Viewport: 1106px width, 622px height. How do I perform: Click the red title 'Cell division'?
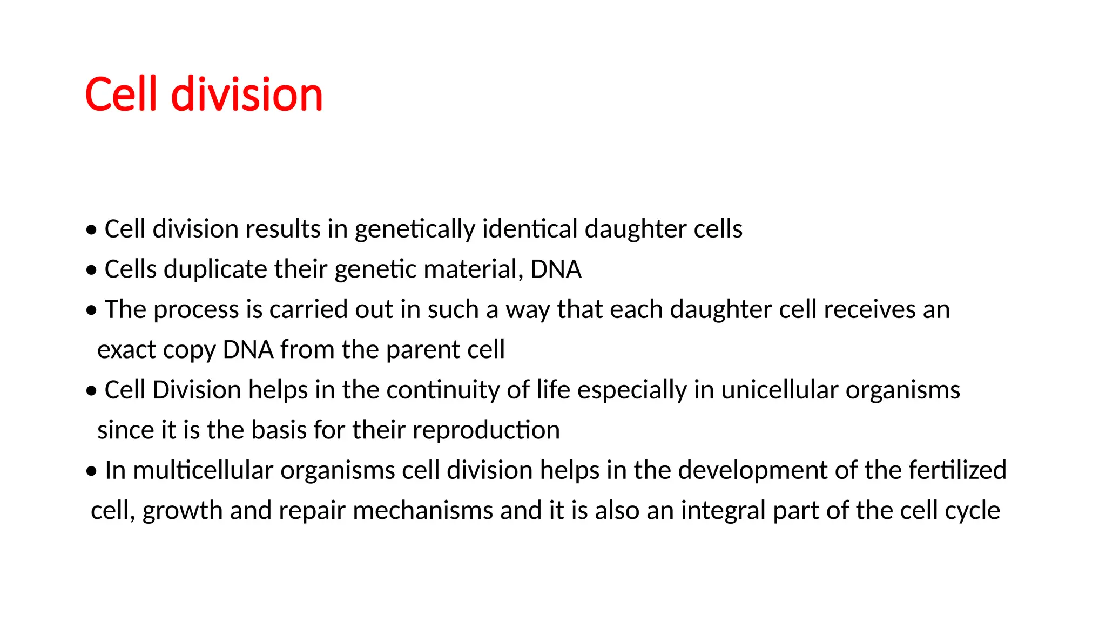point(204,94)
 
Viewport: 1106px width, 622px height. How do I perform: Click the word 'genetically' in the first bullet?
point(414,229)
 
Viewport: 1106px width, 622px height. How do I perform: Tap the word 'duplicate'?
point(215,269)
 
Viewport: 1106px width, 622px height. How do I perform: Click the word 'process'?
point(196,310)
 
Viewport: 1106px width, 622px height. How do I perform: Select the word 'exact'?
point(126,350)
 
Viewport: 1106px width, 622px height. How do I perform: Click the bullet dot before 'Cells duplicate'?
point(92,269)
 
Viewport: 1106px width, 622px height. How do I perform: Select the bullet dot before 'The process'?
point(92,310)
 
